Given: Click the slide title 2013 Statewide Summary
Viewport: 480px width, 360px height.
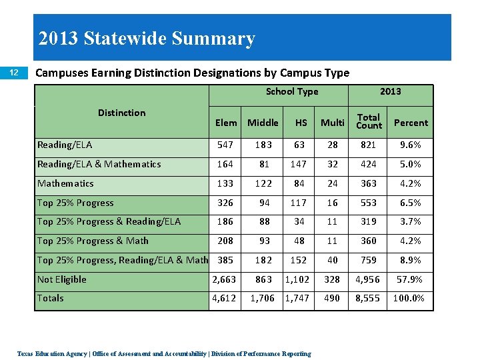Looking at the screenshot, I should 147,39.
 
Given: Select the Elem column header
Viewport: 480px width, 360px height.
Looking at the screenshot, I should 226,123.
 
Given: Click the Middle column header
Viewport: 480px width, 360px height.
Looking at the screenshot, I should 263,123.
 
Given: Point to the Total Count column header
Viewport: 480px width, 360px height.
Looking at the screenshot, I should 369,121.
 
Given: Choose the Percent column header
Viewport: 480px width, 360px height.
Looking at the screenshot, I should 411,123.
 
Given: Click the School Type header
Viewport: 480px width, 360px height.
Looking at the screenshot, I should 291,92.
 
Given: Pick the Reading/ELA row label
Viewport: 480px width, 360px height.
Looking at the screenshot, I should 65,145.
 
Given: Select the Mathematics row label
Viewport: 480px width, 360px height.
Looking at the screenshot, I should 65,183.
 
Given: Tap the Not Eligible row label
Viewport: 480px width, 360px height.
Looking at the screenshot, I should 62,279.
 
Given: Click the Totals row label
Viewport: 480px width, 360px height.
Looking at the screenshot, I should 51,298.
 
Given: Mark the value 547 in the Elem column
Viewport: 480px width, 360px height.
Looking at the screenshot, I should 226,145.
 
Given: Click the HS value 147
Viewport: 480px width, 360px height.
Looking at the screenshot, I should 301,164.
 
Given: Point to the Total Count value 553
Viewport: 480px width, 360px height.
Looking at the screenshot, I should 369,203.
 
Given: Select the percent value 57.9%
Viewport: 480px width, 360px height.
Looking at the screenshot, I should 411,279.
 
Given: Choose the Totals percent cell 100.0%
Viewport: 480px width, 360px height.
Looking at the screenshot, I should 409,298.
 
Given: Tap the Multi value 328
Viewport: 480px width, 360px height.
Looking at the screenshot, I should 332,279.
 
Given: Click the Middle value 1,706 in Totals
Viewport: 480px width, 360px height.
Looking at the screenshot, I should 263,298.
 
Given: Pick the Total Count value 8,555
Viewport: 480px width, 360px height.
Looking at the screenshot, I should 369,298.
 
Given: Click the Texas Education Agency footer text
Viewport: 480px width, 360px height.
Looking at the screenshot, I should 164,353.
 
